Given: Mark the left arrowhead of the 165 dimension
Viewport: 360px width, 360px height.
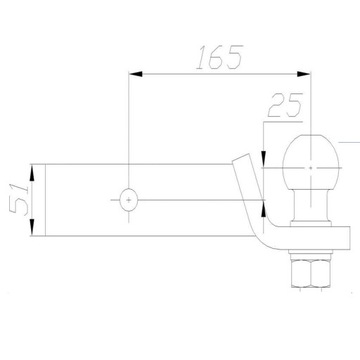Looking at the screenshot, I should pyautogui.click(x=136, y=73).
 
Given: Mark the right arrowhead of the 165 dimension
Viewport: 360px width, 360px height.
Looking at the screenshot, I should pyautogui.click(x=303, y=73).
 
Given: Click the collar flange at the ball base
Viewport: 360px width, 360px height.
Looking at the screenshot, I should pyautogui.click(x=310, y=222).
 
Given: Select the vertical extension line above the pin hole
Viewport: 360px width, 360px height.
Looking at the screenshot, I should pyautogui.click(x=130, y=130).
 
